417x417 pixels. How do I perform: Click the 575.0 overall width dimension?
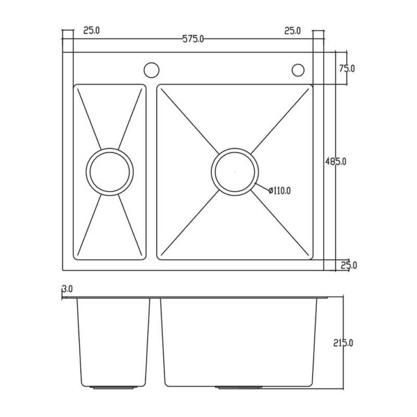point(193,39)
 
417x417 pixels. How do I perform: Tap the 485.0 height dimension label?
point(336,162)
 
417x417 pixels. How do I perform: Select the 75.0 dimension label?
point(347,69)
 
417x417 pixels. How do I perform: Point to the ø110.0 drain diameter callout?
point(279,190)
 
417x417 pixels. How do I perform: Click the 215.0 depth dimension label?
point(343,344)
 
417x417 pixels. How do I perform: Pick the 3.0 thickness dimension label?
point(67,289)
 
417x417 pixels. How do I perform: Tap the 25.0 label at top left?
point(92,30)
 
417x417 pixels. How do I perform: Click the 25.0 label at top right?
point(292,31)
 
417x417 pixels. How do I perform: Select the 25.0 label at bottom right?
point(349,265)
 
